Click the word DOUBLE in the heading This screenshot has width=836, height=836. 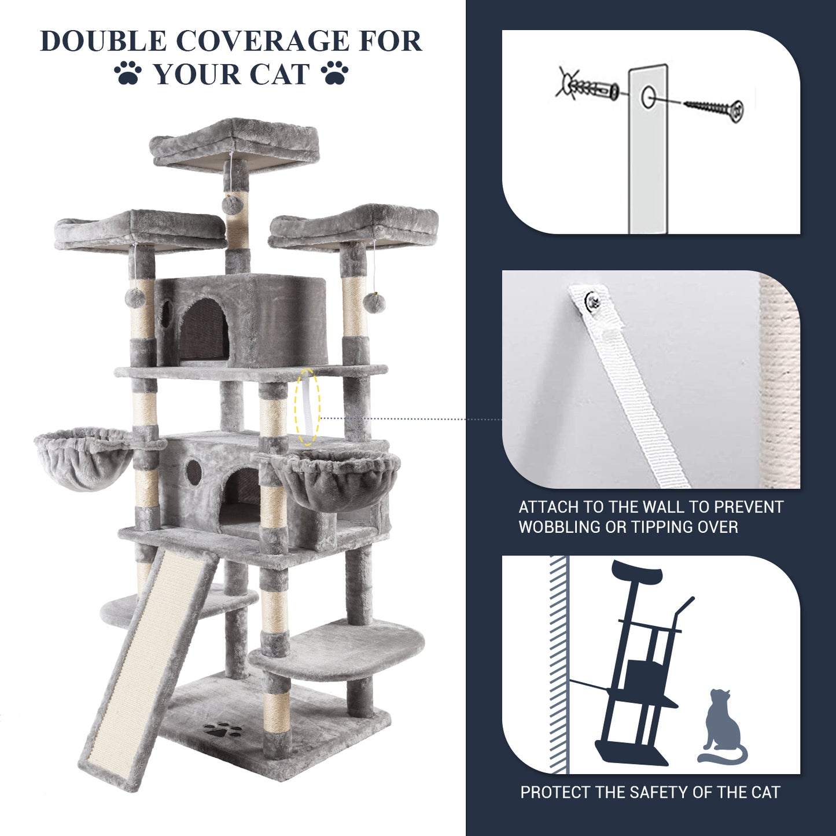pyautogui.click(x=102, y=42)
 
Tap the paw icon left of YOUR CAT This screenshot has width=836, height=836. pyautogui.click(x=128, y=72)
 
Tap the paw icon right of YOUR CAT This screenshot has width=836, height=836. pyautogui.click(x=335, y=72)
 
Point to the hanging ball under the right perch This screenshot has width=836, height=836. pyautogui.click(x=374, y=303)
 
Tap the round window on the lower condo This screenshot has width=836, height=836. pyautogui.click(x=193, y=467)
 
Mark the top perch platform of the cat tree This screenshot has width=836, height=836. pyautogui.click(x=234, y=143)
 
